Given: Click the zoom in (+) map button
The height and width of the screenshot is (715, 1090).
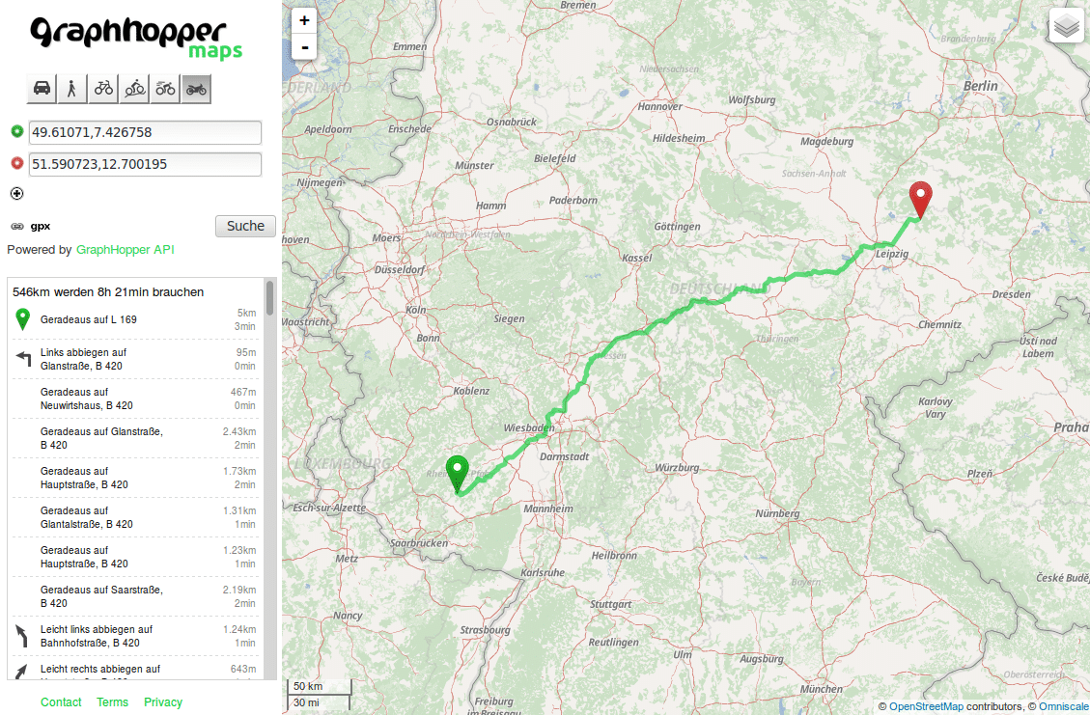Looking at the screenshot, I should coord(304,20).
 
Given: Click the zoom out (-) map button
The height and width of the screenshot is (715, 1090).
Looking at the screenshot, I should coord(304,46).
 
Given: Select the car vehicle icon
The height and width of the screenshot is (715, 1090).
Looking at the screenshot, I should coord(42,89).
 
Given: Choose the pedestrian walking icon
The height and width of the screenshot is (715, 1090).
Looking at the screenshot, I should coord(72,89).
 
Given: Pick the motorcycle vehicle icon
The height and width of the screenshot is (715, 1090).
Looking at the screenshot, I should coord(196,89).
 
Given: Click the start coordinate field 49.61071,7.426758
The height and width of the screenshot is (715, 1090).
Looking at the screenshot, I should coord(145,132).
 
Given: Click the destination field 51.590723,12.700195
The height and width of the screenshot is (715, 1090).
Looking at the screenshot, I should coord(145,164).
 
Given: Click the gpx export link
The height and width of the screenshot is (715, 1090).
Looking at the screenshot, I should coord(40,226).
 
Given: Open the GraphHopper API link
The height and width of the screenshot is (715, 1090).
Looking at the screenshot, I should coord(126,250).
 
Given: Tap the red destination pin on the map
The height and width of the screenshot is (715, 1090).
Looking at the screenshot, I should coord(921,199).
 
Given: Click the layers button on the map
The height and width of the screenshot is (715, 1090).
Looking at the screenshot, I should coord(1066,26).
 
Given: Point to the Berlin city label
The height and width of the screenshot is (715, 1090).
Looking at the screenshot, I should coord(980,86).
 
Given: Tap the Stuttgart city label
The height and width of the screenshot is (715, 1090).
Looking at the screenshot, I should coord(610,604).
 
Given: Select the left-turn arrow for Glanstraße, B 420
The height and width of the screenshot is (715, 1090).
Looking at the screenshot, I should coord(24,359).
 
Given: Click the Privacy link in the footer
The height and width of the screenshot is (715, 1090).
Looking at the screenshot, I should coord(162,702).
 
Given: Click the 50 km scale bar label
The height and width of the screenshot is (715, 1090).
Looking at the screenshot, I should coord(308,686).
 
